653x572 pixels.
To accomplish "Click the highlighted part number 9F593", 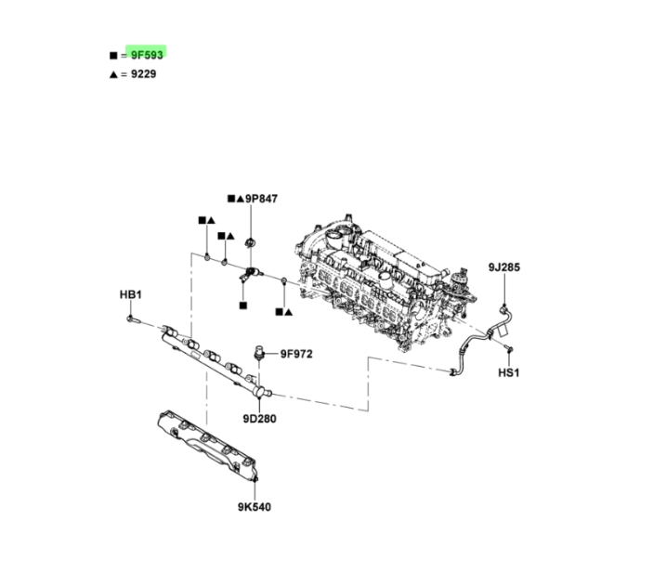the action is click(147, 55).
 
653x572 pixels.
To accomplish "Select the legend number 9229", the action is click(144, 74).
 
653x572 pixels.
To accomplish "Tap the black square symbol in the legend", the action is click(113, 55).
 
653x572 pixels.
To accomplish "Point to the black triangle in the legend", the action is click(113, 74).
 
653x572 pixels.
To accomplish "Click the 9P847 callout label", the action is click(261, 199).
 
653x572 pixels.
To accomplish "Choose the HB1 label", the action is click(131, 294).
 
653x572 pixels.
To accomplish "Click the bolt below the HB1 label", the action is click(134, 319).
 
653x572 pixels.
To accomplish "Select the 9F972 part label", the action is click(296, 354).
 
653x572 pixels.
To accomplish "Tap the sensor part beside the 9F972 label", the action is click(258, 352).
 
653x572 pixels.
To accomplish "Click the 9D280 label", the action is click(259, 419).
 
